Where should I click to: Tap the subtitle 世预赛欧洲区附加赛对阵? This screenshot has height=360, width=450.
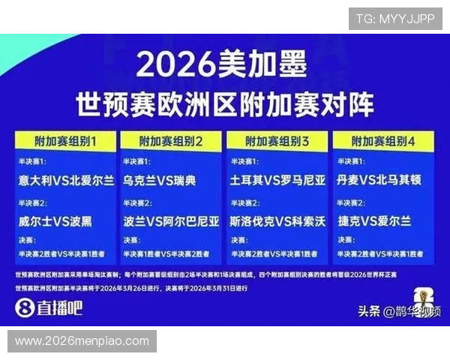coord(224,104)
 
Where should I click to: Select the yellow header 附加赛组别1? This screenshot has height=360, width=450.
coord(65,141)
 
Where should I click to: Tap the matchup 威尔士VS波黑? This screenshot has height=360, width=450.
coord(56,221)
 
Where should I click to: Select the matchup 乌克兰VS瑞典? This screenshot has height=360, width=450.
coord(159,181)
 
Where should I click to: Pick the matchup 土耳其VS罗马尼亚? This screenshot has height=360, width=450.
coord(278,181)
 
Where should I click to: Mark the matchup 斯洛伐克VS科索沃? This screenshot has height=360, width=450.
coord(278,221)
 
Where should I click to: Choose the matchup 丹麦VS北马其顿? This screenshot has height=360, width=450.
coord(384,181)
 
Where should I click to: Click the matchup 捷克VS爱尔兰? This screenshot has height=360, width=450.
coord(374,221)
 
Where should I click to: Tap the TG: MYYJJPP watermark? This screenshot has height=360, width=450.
coord(394,19)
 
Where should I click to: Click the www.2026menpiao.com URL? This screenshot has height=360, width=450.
coord(82,340)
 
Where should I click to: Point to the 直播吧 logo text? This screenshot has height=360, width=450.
coord(59,307)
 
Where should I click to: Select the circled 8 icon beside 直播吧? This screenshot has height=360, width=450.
coord(25,307)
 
